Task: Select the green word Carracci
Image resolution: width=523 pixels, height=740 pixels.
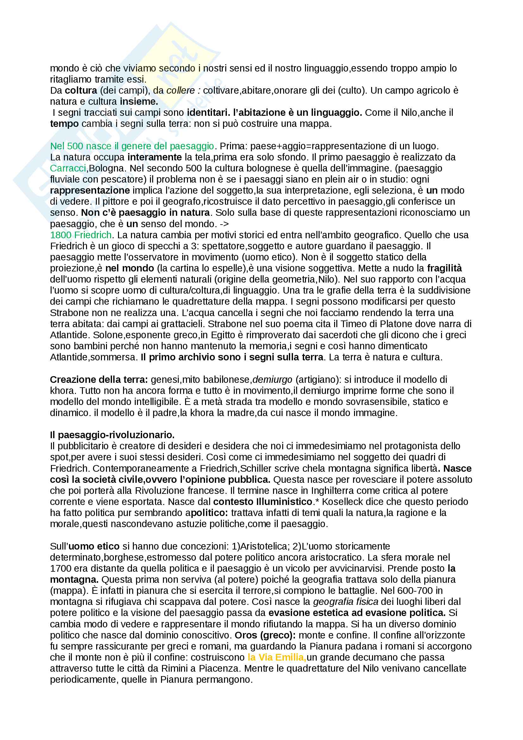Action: [68, 168]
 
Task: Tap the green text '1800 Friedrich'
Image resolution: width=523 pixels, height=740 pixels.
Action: [81, 235]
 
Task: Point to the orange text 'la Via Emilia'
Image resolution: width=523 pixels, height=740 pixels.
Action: [276, 657]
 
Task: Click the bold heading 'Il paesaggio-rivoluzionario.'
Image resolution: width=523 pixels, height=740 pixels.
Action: [112, 435]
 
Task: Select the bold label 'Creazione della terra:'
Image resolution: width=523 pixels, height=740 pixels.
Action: [99, 379]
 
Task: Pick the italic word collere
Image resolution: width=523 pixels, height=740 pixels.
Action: [181, 90]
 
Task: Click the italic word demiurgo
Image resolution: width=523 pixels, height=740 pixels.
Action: [272, 379]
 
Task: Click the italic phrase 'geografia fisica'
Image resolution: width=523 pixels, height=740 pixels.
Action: [346, 601]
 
